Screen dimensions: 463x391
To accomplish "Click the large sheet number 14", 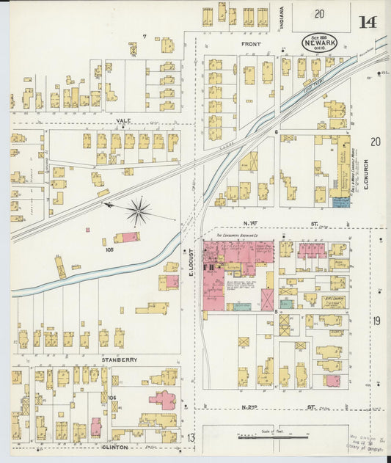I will [368, 21].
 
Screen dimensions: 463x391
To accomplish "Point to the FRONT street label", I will [251, 44].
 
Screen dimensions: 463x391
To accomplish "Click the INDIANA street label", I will [282, 18].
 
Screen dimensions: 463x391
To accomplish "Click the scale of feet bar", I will [268, 437].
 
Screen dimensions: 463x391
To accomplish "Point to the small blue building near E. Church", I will [340, 201].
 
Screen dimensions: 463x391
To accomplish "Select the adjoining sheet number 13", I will [189, 438].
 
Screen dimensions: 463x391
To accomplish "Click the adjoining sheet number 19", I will [376, 321].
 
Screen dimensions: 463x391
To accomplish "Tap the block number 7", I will [145, 36].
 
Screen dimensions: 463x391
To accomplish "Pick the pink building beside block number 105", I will [126, 237].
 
